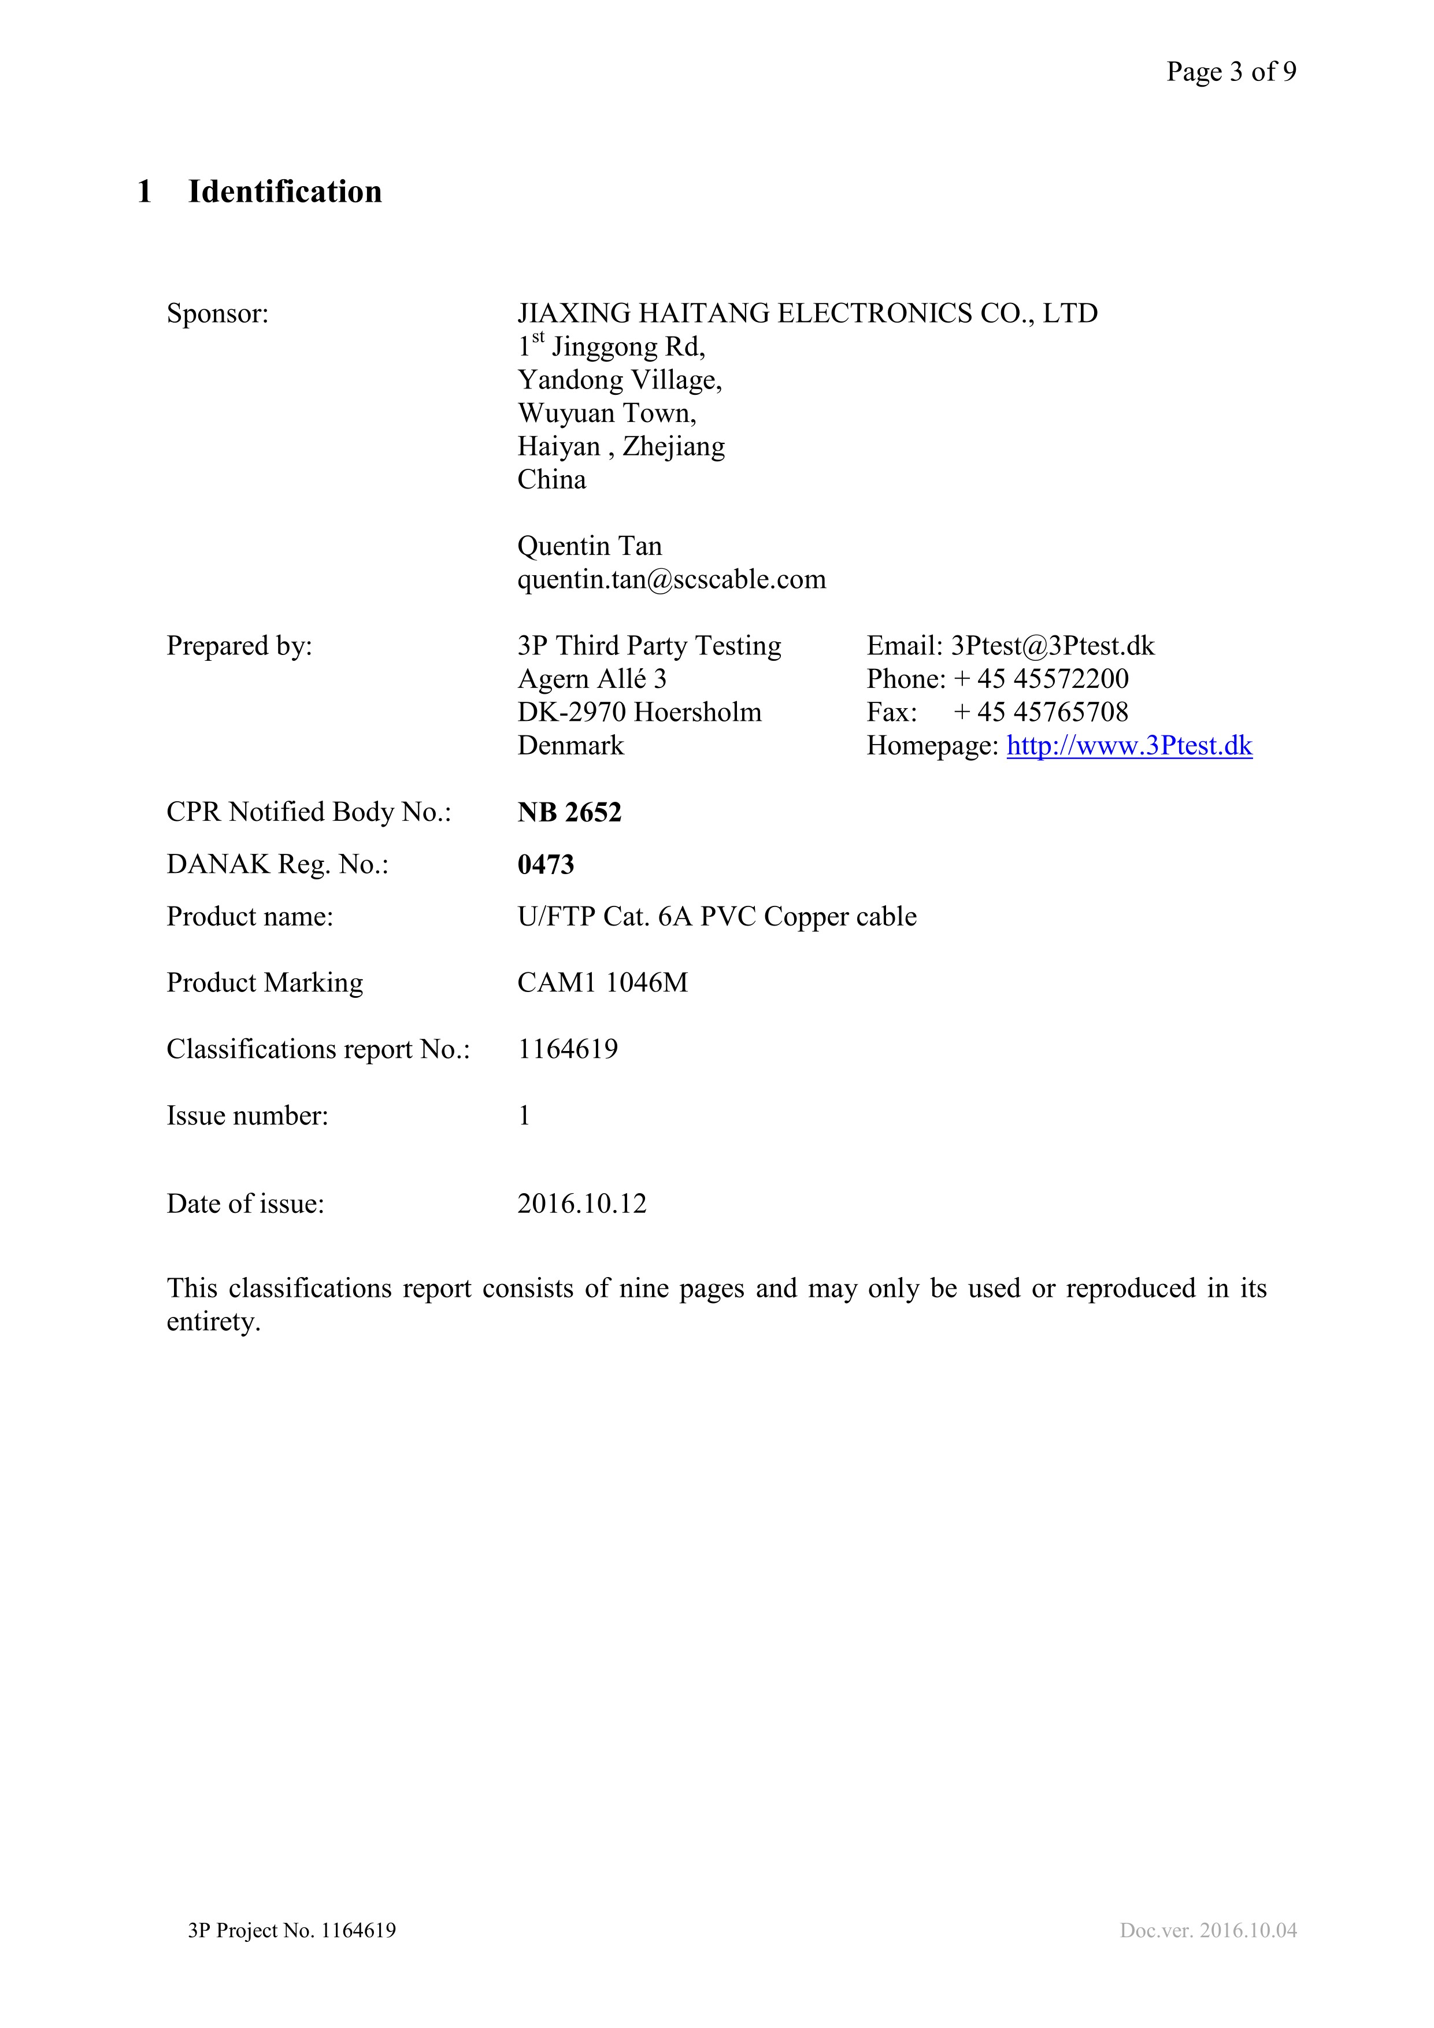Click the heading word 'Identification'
(284, 192)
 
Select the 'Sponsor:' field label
(217, 313)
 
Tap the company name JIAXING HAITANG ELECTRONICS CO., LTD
(807, 313)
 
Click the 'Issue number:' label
(247, 1116)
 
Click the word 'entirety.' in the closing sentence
(214, 1322)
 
